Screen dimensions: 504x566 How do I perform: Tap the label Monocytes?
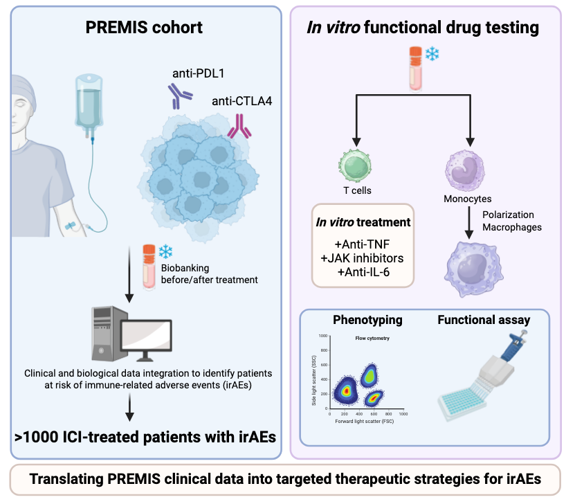tap(467, 199)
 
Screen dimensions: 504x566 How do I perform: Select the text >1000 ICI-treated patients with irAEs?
tap(143, 436)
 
